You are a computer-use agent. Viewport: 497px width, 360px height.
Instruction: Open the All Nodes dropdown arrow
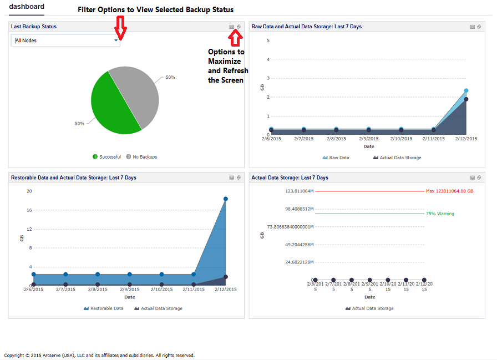tap(116, 40)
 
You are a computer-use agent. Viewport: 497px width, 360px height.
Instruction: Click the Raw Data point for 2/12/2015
tap(466, 90)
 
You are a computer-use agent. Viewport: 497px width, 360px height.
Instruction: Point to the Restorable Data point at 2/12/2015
tap(226, 199)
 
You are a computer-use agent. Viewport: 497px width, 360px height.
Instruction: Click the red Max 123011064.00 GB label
tap(449, 191)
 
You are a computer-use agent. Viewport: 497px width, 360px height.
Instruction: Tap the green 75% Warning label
tap(440, 214)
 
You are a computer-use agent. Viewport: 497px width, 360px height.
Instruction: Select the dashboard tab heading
tap(27, 7)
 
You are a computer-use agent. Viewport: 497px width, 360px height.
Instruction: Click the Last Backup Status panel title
tap(34, 27)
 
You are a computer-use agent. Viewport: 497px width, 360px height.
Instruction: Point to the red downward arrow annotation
tap(120, 28)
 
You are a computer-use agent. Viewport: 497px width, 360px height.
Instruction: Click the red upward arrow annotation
tap(236, 37)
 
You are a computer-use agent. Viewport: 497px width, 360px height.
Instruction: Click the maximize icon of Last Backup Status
tap(232, 27)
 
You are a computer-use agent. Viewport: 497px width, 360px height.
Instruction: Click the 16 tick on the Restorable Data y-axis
tap(29, 210)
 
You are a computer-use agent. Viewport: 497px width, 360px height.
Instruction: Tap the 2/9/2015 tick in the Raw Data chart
tap(368, 139)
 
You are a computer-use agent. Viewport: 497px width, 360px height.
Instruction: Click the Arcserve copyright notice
tap(99, 355)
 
